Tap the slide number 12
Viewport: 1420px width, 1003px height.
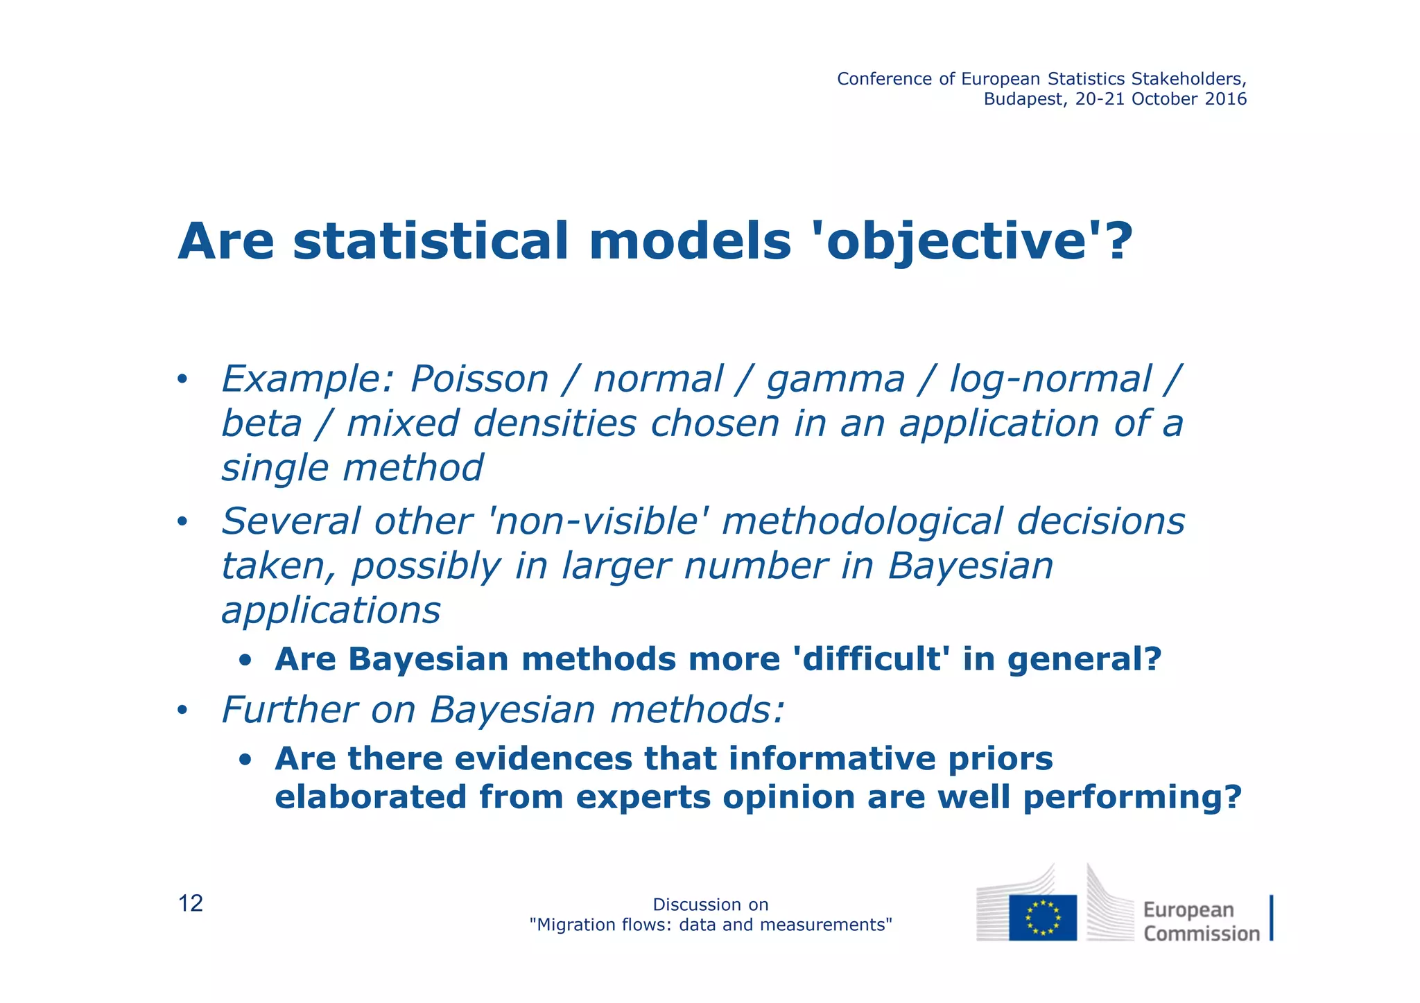pyautogui.click(x=191, y=904)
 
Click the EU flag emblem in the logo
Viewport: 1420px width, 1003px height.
pyautogui.click(x=1042, y=917)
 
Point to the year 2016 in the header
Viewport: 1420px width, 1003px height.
pyautogui.click(x=1226, y=99)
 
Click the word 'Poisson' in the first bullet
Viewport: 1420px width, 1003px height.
pyautogui.click(x=479, y=380)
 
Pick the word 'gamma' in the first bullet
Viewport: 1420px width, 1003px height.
pyautogui.click(x=835, y=380)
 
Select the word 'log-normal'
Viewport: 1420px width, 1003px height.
pyautogui.click(x=1050, y=380)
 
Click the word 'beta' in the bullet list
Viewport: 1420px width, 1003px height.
pyautogui.click(x=261, y=424)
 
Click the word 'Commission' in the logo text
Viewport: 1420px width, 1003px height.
pyautogui.click(x=1201, y=934)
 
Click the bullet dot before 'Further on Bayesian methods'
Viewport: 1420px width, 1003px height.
pyautogui.click(x=182, y=710)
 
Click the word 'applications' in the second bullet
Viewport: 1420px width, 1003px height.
pyautogui.click(x=331, y=611)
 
